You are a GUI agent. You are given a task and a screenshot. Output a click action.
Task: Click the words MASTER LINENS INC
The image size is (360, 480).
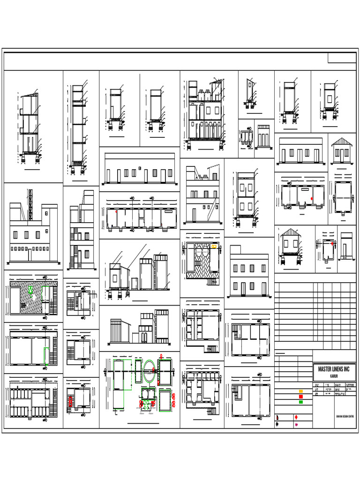point(334,369)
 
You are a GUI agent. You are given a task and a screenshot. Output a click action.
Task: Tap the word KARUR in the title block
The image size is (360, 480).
point(334,376)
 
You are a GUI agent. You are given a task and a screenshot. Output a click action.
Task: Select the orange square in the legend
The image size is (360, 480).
point(301,391)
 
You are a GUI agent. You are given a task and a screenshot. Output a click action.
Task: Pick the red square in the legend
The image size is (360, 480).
point(301,397)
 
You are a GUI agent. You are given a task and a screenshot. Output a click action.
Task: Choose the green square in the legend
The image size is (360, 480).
point(301,402)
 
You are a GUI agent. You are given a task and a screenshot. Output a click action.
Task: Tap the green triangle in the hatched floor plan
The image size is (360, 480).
point(30,291)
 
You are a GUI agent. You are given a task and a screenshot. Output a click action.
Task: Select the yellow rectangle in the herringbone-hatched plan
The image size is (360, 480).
point(214,246)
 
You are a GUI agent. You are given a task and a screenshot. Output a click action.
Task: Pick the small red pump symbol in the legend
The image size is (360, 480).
point(296,417)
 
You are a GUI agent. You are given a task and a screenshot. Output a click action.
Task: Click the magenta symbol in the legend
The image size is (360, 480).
point(296,425)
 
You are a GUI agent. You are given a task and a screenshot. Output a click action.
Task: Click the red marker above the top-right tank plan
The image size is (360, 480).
point(160,357)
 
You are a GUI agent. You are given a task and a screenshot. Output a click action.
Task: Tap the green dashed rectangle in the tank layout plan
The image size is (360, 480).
point(119,375)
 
